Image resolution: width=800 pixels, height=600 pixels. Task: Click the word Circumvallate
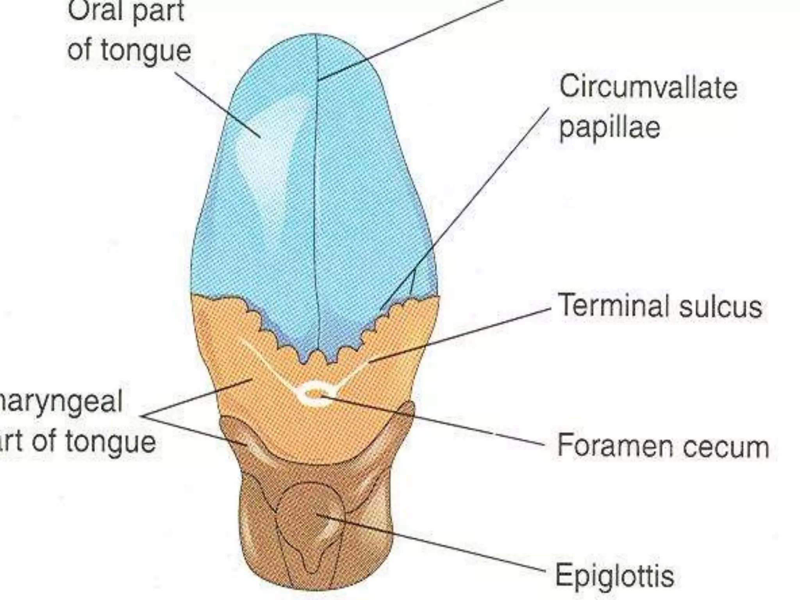tap(648, 87)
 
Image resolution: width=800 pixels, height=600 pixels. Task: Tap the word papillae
tap(609, 128)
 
